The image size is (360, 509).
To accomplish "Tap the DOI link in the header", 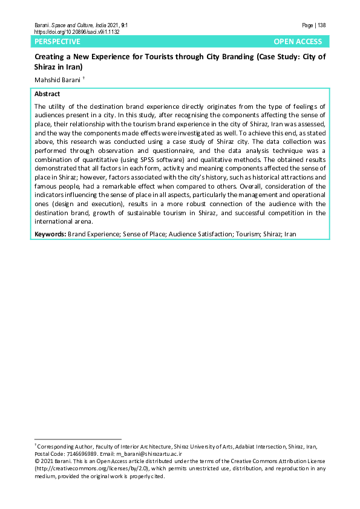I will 77,31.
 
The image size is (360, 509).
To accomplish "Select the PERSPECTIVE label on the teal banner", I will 57,42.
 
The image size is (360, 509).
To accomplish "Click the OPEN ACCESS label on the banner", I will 298,42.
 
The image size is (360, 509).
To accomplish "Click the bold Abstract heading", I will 47,94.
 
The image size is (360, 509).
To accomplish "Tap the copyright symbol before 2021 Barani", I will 36,461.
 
